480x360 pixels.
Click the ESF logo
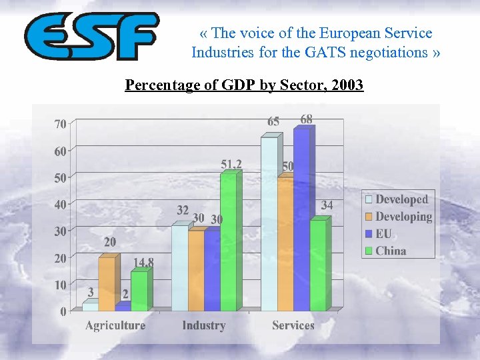[x=91, y=36]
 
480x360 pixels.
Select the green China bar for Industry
[x=228, y=241]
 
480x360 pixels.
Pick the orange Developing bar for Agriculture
[x=107, y=284]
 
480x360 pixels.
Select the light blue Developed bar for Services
[x=269, y=224]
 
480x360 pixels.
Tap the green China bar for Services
[x=318, y=265]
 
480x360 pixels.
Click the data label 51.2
[x=231, y=164]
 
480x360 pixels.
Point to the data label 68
[x=306, y=119]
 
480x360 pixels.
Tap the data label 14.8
[x=143, y=263]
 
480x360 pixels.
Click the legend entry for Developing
[x=403, y=217]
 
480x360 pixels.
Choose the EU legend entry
[x=383, y=234]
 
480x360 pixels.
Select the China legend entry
[x=390, y=251]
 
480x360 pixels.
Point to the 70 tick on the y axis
[x=60, y=124]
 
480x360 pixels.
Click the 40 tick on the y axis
[x=60, y=205]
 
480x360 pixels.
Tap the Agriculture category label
[x=115, y=325]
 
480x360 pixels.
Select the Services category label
[x=293, y=325]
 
